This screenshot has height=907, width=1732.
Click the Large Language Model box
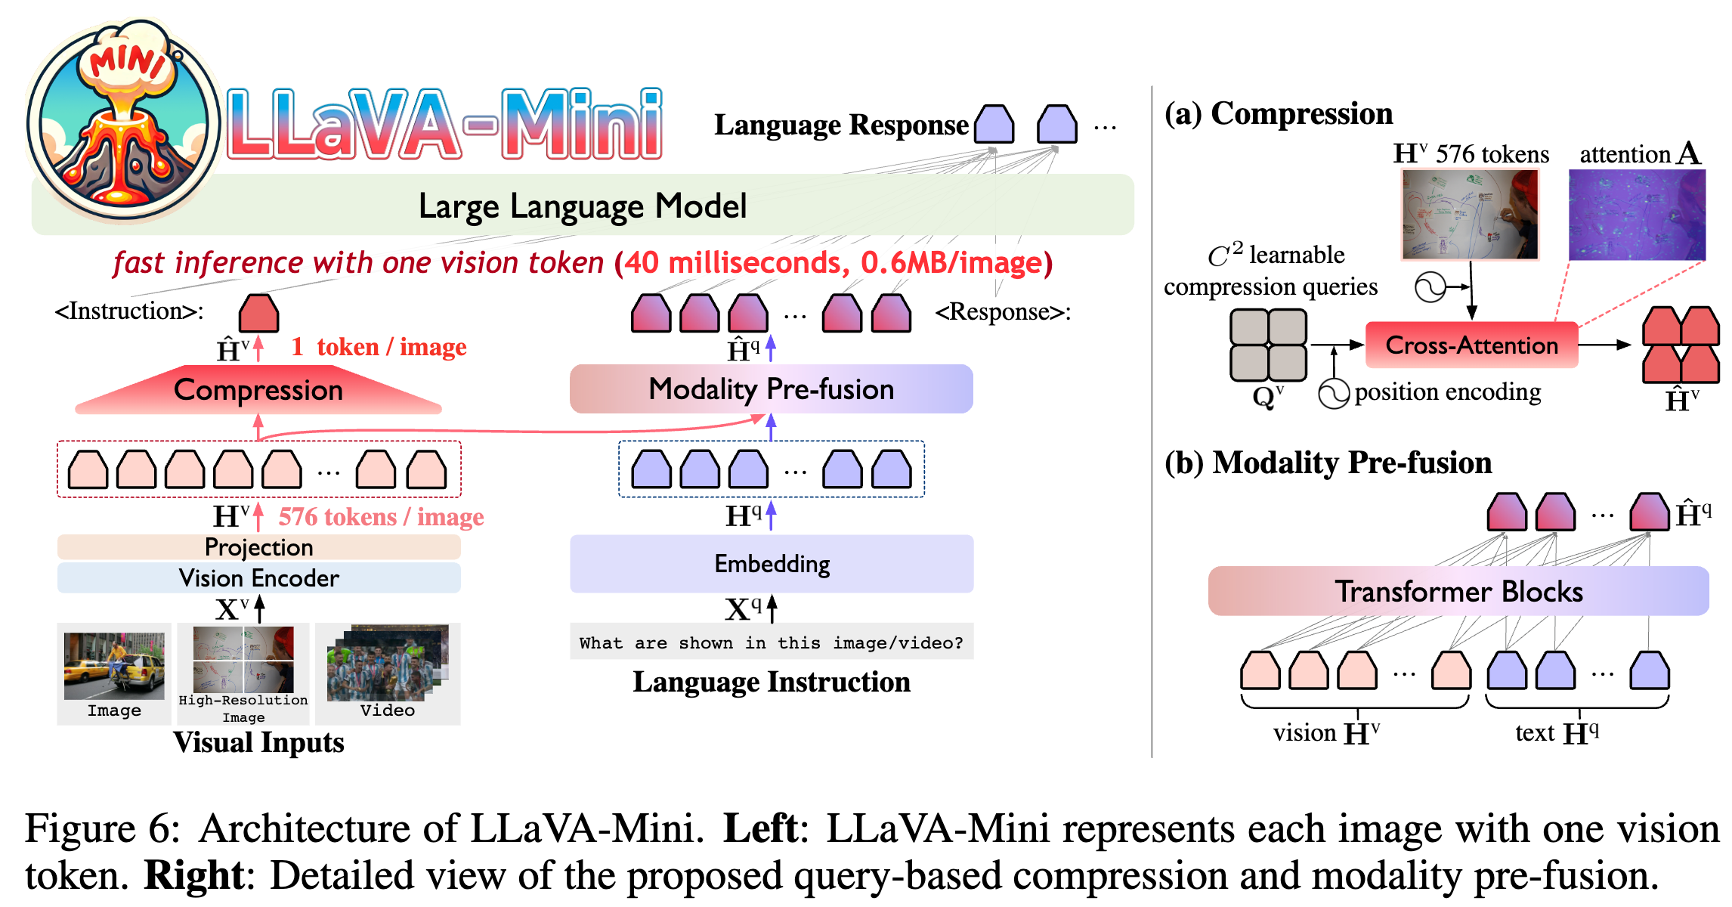click(582, 206)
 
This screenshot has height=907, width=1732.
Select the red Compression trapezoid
click(258, 390)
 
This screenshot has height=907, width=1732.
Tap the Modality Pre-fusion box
click(771, 389)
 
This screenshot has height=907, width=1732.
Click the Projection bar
click(258, 547)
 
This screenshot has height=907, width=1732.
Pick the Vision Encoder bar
click(258, 578)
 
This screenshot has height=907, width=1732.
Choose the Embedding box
click(772, 564)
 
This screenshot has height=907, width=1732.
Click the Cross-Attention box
click(1471, 345)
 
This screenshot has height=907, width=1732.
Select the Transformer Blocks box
click(1458, 591)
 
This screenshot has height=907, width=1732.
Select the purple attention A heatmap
click(1637, 215)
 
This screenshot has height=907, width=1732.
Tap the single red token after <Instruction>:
click(258, 313)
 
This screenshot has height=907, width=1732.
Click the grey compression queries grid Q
click(1268, 345)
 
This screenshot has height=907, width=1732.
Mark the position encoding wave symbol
click(1334, 394)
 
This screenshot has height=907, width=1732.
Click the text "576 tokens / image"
click(381, 517)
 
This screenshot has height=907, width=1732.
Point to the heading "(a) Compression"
click(1279, 114)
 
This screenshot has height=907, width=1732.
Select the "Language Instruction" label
click(772, 682)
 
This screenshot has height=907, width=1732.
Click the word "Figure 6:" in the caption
click(103, 828)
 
